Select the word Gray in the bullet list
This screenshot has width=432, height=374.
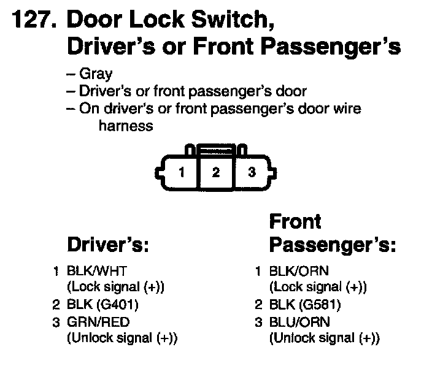click(x=96, y=74)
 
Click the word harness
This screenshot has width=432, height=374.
click(x=125, y=126)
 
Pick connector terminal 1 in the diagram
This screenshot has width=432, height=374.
click(x=182, y=172)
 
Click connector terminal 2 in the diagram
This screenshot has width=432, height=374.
click(x=215, y=172)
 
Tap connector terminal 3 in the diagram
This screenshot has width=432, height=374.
click(x=251, y=172)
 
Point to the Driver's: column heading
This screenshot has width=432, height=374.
click(x=108, y=245)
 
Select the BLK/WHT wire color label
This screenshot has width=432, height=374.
click(x=96, y=270)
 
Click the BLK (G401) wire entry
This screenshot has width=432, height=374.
click(x=103, y=305)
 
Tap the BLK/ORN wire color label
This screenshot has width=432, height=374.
click(x=299, y=270)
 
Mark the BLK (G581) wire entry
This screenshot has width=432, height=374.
click(x=306, y=305)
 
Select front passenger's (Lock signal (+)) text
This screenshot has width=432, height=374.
click(x=318, y=287)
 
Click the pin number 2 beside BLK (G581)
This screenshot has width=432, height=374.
click(x=258, y=305)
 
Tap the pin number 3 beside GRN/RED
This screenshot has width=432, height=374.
click(x=56, y=322)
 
